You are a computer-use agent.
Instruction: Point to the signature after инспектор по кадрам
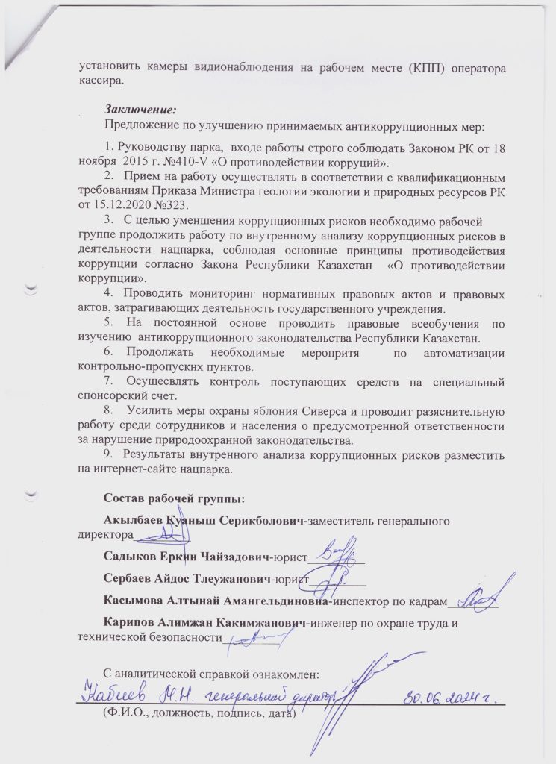coord(478,595)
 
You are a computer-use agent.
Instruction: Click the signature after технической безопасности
coord(257,636)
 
